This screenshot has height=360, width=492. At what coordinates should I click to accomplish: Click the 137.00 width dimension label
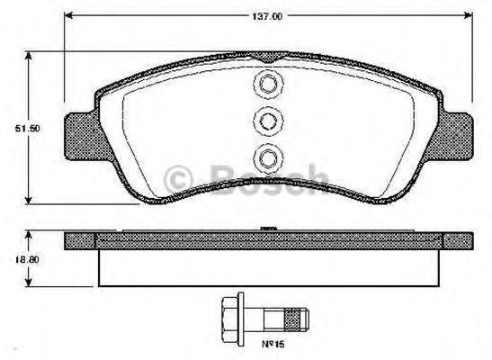(267, 16)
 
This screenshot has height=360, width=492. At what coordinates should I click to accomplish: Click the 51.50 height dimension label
(27, 129)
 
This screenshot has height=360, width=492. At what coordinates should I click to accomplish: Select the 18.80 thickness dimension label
(27, 259)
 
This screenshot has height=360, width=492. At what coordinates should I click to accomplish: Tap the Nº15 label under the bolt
(273, 345)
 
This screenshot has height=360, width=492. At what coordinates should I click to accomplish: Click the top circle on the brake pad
(268, 85)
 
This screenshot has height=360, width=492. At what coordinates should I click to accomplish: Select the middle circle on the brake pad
(268, 121)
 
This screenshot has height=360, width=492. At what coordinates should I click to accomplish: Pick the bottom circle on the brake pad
(268, 158)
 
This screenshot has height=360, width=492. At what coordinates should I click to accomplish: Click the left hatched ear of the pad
(83, 137)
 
